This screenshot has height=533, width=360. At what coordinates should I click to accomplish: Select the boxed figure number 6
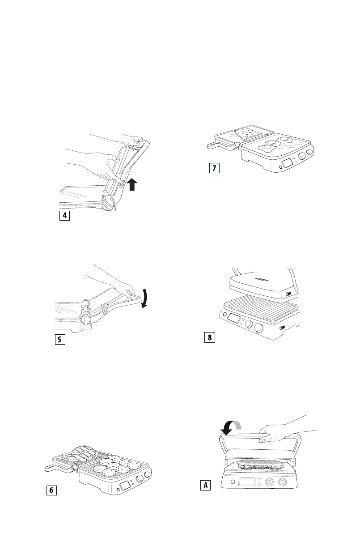(x=51, y=490)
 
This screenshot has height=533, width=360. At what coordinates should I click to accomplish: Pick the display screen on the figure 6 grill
(x=126, y=486)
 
